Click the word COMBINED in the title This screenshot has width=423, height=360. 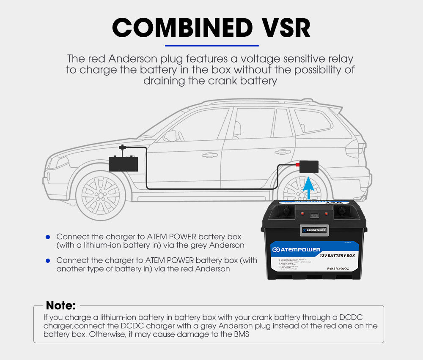182,28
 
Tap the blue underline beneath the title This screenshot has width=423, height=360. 211,45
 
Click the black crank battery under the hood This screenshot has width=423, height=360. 123,163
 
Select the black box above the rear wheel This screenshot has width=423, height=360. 309,166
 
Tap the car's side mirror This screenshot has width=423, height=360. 170,136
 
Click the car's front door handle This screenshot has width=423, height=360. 209,155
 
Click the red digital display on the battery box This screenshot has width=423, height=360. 314,215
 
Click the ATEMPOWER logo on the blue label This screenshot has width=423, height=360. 296,249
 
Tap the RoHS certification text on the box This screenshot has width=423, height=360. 328,268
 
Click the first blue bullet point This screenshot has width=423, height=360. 48,237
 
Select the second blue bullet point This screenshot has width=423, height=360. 48,260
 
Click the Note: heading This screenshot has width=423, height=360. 60,305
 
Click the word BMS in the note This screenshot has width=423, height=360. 242,334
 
